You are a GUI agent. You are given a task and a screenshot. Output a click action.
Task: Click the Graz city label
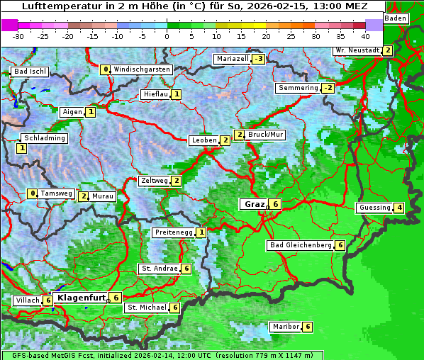(x=254, y=204)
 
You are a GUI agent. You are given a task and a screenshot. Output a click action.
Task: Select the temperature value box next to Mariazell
(x=258, y=59)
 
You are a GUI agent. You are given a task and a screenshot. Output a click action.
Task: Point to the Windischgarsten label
(x=142, y=69)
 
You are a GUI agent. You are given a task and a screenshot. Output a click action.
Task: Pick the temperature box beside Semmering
(x=327, y=88)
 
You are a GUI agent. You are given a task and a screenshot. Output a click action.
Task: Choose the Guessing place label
(x=375, y=208)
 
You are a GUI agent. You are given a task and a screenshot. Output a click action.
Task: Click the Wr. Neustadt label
(x=357, y=50)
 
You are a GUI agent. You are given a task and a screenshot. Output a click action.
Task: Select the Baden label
(x=396, y=18)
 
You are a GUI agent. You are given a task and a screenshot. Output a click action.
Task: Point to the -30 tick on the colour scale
(x=18, y=35)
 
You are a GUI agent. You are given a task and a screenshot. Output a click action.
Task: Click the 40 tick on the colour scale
(x=365, y=35)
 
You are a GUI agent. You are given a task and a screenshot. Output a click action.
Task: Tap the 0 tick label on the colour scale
(x=167, y=35)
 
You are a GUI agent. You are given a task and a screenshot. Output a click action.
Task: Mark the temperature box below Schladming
(x=22, y=148)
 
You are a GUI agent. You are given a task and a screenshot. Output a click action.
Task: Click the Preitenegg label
(x=174, y=232)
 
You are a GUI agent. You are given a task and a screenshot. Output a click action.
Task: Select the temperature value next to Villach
(x=48, y=300)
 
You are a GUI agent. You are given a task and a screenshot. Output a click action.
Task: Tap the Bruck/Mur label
(x=266, y=135)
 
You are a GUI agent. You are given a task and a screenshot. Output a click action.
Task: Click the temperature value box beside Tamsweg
(x=32, y=193)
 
